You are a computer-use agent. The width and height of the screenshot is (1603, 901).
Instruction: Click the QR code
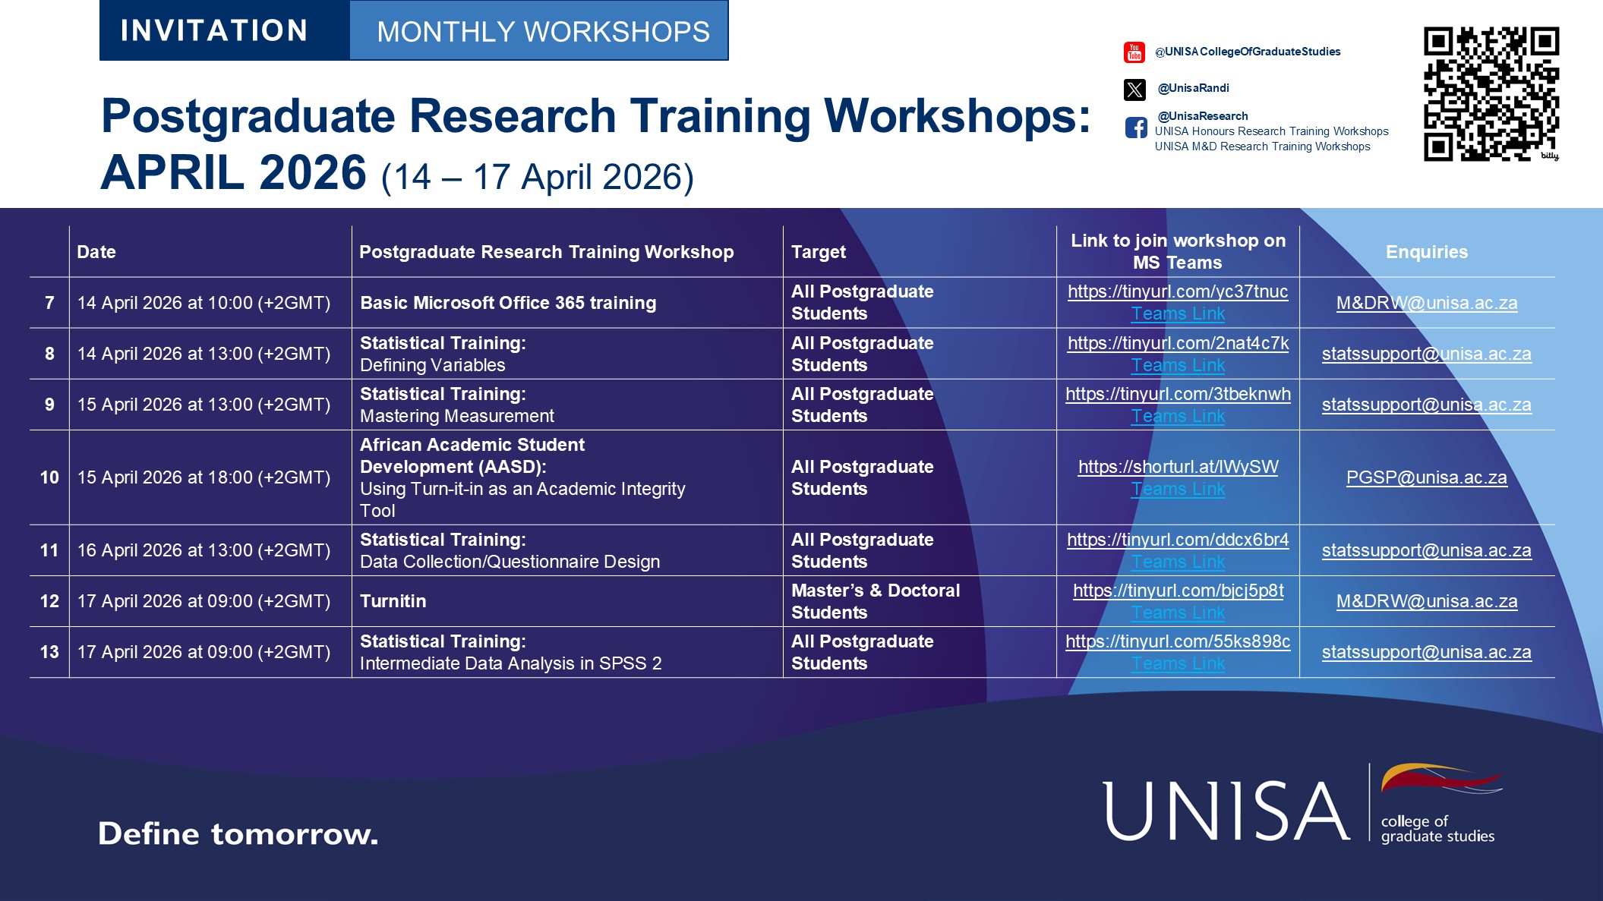[x=1490, y=94]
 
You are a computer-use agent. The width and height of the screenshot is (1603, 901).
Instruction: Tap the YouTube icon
[x=1134, y=52]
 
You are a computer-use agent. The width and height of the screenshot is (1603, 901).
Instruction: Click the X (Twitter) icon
[x=1134, y=90]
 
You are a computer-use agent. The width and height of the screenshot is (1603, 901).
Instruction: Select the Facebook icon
[x=1136, y=128]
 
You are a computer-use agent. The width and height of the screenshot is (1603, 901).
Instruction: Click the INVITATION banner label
[x=214, y=31]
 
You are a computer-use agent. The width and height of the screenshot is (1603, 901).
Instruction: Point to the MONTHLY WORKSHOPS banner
[x=543, y=32]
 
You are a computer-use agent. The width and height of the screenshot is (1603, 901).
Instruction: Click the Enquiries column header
[x=1426, y=252]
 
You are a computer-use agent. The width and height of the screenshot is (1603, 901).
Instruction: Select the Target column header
[x=818, y=252]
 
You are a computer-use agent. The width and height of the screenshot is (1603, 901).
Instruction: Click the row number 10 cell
[x=49, y=477]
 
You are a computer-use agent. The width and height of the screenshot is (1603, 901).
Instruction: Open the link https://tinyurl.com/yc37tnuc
[x=1177, y=291]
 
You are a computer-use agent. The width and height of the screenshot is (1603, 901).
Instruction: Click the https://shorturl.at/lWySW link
[x=1178, y=467]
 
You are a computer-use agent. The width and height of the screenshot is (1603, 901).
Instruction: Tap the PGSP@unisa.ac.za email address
[x=1426, y=477]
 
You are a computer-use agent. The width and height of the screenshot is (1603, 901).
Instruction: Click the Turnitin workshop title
[x=393, y=601]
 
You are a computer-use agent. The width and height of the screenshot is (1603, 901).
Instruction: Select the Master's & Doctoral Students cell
[x=875, y=601]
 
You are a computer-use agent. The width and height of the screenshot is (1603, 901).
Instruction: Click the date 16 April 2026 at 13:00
[x=204, y=550]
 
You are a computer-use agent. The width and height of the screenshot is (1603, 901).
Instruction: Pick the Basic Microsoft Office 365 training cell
[x=507, y=303]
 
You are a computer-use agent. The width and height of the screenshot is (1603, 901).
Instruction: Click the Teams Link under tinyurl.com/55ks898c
[x=1178, y=663]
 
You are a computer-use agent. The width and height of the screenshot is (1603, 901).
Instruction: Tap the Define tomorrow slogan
[x=238, y=833]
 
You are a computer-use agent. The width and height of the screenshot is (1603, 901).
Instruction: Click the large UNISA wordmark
[x=1226, y=811]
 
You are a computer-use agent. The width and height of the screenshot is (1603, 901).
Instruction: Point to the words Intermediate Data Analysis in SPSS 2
[x=510, y=663]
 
